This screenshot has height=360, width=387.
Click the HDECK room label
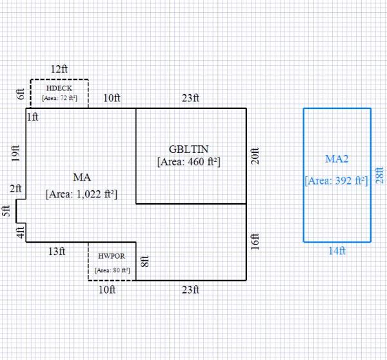tap(59, 88)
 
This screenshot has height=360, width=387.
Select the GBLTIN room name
tap(189, 148)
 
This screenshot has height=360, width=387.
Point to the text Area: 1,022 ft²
tap(81, 194)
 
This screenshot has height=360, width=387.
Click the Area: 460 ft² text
tap(189, 162)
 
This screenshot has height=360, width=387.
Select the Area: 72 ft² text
tap(59, 99)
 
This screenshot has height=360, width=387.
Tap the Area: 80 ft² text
tap(112, 270)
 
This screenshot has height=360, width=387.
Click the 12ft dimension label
tap(59, 68)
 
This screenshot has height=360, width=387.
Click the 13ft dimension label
tap(57, 252)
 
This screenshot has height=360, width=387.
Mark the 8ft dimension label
tap(145, 262)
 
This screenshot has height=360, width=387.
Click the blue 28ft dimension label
tap(379, 175)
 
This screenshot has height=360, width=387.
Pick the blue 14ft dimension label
tap(337, 251)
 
